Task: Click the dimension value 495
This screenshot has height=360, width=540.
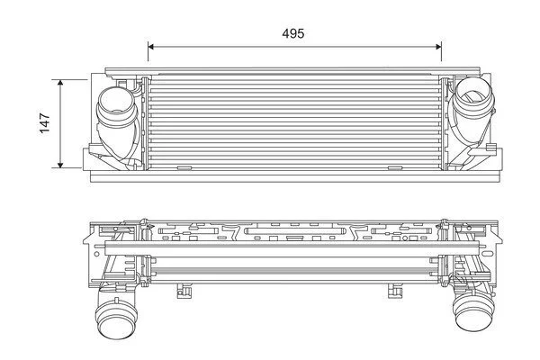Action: pyautogui.click(x=293, y=33)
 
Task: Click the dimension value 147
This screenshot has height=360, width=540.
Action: pyautogui.click(x=45, y=123)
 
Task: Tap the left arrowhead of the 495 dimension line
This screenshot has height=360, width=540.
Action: pyautogui.click(x=150, y=47)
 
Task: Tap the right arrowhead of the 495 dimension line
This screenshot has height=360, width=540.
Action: pyautogui.click(x=439, y=47)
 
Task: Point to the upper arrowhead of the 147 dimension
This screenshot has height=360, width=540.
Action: pyautogui.click(x=60, y=82)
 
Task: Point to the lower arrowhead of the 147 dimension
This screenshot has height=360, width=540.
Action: pyautogui.click(x=60, y=165)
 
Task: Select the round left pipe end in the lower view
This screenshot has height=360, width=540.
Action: pyautogui.click(x=116, y=319)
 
